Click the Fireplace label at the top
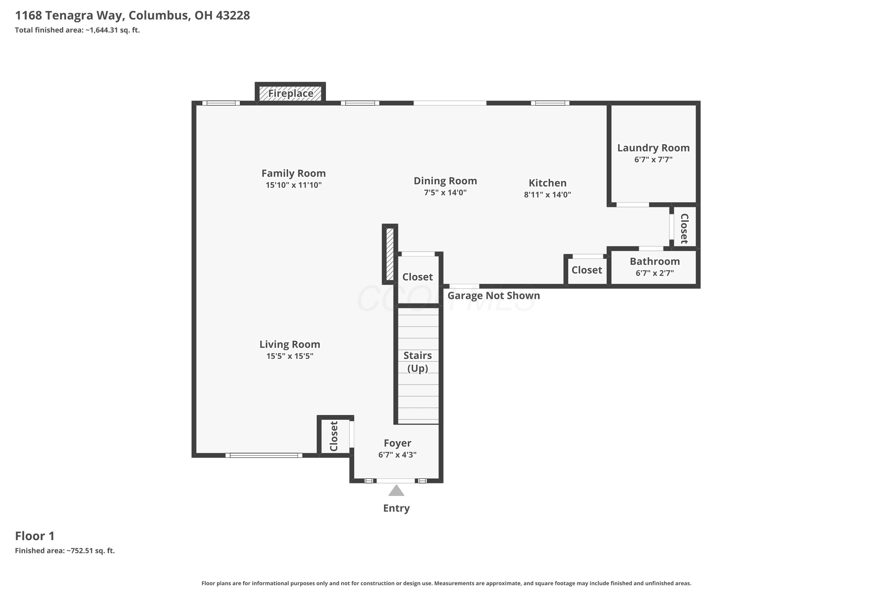(x=291, y=93)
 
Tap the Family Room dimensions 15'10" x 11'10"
(x=293, y=185)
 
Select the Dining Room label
(x=445, y=181)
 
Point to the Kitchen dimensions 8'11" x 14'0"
(x=547, y=195)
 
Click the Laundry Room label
(x=653, y=148)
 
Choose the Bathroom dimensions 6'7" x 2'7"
(x=655, y=273)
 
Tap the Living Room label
(x=290, y=345)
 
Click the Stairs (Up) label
(x=418, y=362)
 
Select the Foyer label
(x=397, y=443)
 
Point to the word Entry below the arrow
(x=396, y=508)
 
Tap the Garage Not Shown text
(x=494, y=296)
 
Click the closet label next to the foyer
(x=334, y=436)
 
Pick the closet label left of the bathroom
(x=587, y=270)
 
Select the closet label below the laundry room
(x=684, y=228)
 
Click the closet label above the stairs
(x=418, y=277)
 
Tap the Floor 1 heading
(x=35, y=536)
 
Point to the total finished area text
(x=77, y=30)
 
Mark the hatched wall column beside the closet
(x=390, y=254)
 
